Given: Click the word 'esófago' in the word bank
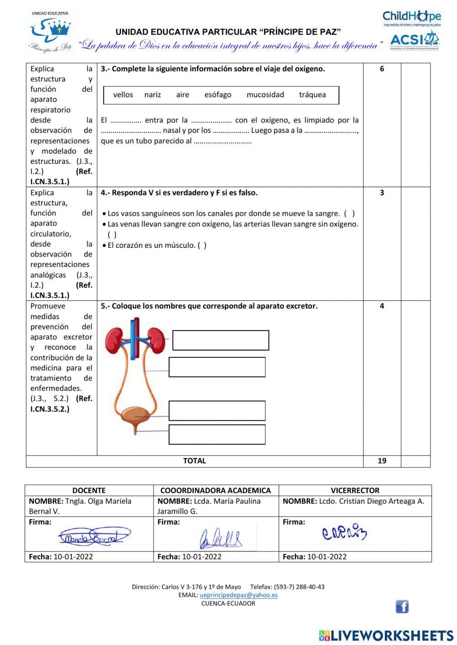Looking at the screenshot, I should (218, 95).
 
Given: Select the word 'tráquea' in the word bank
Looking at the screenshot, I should (312, 95).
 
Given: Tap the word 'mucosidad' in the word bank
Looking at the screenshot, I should (265, 95).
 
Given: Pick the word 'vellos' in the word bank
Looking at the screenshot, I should (123, 95).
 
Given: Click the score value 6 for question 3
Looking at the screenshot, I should (382, 69).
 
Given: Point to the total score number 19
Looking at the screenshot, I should (382, 461).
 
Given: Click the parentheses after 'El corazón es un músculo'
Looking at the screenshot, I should (202, 246).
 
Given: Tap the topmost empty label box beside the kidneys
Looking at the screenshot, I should (221, 341).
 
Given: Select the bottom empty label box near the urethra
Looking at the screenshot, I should (217, 435).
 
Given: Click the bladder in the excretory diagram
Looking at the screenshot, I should (134, 415).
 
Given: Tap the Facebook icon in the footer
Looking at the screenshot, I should (402, 607).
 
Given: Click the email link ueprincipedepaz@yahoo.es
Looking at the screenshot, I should (239, 595).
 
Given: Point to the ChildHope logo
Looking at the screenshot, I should (411, 18).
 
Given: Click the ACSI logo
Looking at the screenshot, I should (414, 41).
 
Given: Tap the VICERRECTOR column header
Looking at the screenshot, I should (355, 490).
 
